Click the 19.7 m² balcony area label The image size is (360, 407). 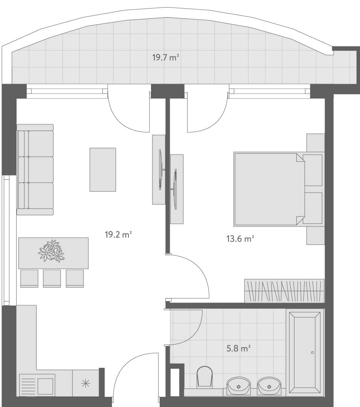(165, 58)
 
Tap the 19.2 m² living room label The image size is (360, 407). (118, 235)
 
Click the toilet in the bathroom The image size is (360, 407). (204, 376)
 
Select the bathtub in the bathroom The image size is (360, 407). (305, 352)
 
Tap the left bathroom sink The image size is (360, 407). (238, 386)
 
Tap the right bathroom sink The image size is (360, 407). (269, 386)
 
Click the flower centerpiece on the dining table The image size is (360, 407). (52, 251)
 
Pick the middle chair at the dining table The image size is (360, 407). (52, 278)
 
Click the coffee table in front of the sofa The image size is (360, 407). (103, 170)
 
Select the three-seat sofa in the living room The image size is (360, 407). (35, 170)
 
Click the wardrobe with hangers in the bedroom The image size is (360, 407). (284, 291)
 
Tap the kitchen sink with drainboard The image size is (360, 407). (37, 385)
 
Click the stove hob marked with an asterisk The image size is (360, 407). (86, 383)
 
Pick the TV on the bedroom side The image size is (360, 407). (175, 189)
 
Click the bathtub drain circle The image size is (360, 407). (312, 353)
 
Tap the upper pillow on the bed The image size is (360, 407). (313, 170)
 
